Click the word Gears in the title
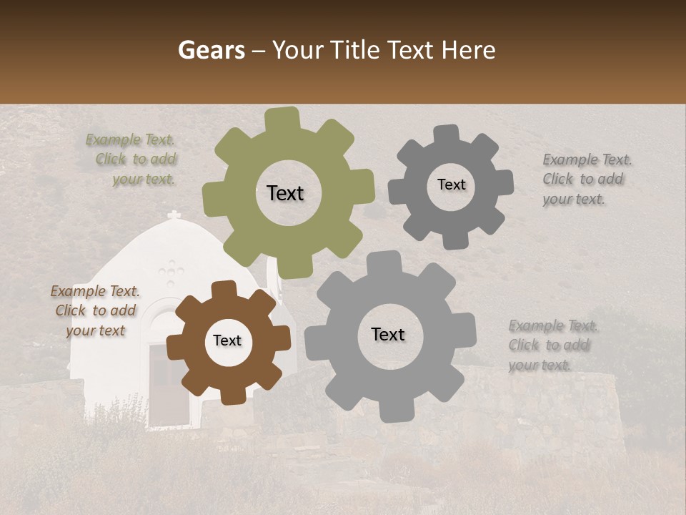pos(212,50)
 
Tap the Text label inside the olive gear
pos(285,193)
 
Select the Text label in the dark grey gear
pos(451,185)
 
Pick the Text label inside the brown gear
pos(227,341)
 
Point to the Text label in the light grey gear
pos(388,335)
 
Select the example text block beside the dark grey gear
pos(586,180)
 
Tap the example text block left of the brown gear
pos(95,310)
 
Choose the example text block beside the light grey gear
pos(552,345)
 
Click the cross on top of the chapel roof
pos(173,215)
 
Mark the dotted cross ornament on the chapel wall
pos(171,273)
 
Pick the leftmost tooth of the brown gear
pos(176,349)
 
